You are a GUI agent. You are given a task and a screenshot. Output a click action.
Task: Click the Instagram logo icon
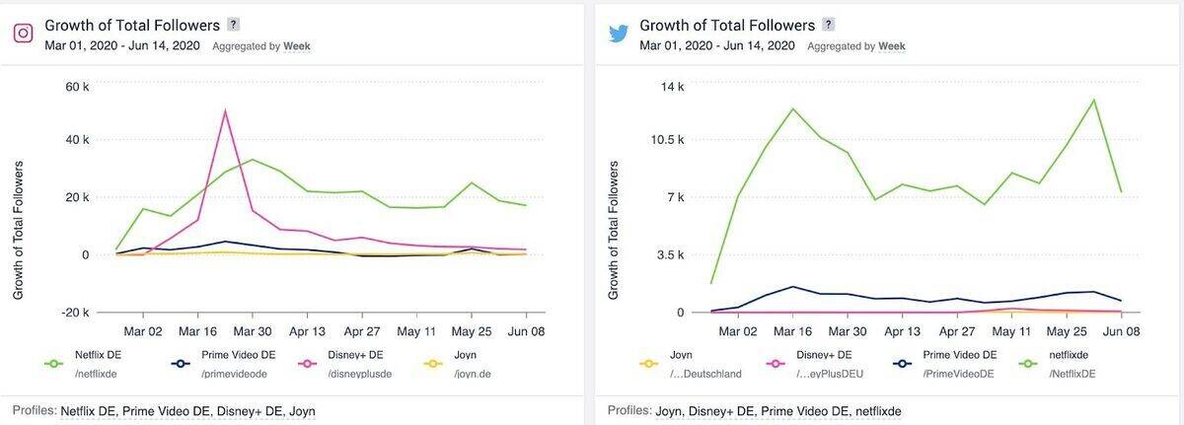pyautogui.click(x=23, y=33)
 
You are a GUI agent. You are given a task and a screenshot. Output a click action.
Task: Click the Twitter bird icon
pyautogui.click(x=619, y=33)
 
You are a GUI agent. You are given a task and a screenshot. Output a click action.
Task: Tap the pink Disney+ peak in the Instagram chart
pyautogui.click(x=226, y=110)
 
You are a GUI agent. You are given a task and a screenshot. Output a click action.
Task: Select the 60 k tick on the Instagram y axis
pyautogui.click(x=78, y=87)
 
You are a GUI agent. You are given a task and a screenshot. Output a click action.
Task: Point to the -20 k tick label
pyautogui.click(x=75, y=313)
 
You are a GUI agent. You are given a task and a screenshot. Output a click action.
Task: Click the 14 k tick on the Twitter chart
pyautogui.click(x=673, y=87)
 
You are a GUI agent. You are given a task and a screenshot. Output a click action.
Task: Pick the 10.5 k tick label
pyautogui.click(x=666, y=139)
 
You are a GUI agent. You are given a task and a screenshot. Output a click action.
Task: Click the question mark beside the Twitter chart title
pyautogui.click(x=829, y=25)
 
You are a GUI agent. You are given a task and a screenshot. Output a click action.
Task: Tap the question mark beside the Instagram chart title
pyautogui.click(x=233, y=25)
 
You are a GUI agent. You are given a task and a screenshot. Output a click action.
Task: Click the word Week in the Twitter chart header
pyautogui.click(x=892, y=45)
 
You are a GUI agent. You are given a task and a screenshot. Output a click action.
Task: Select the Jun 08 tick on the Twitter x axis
pyautogui.click(x=1121, y=332)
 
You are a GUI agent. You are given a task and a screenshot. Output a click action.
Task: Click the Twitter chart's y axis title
pyautogui.click(x=613, y=231)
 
